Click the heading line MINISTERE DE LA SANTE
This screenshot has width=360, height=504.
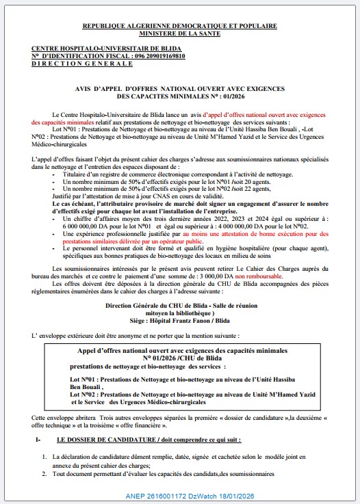[179, 32]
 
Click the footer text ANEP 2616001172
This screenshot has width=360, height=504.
[169, 493]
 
